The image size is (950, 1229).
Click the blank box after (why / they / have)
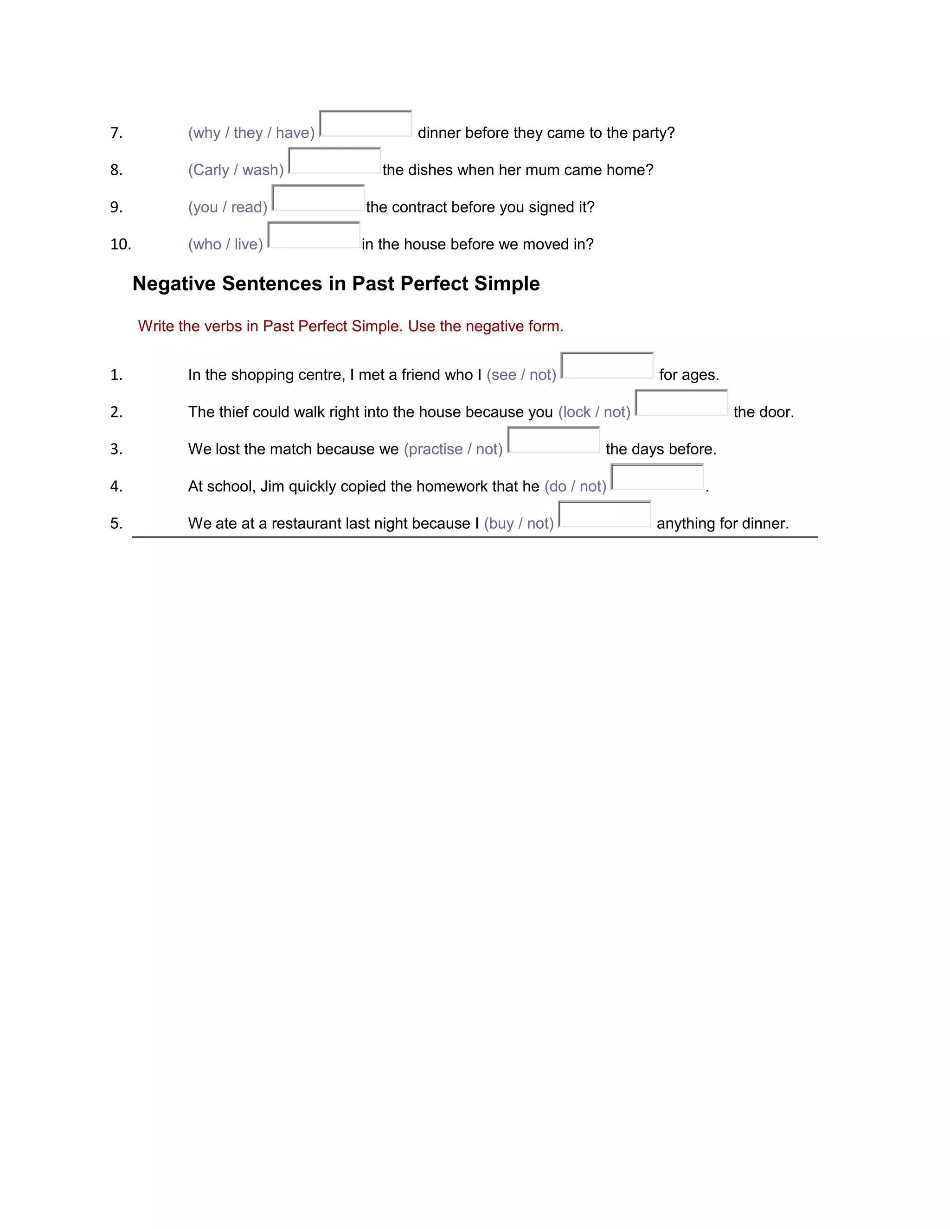[x=365, y=124]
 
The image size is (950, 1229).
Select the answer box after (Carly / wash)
[x=334, y=161]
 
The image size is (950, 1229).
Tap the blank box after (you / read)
[x=318, y=198]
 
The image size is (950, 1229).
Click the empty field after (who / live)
[x=314, y=235]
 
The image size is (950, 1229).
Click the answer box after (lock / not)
[x=681, y=403]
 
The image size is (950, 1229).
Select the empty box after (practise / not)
[x=553, y=440]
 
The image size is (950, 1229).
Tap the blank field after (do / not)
[x=657, y=477]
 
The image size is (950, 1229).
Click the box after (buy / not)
[x=604, y=514]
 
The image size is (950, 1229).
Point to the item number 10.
[x=121, y=244]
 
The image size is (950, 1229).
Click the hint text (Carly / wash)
[x=236, y=170]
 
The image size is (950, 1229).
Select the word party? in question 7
[x=653, y=133]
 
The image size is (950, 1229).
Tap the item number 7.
[x=116, y=133]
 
